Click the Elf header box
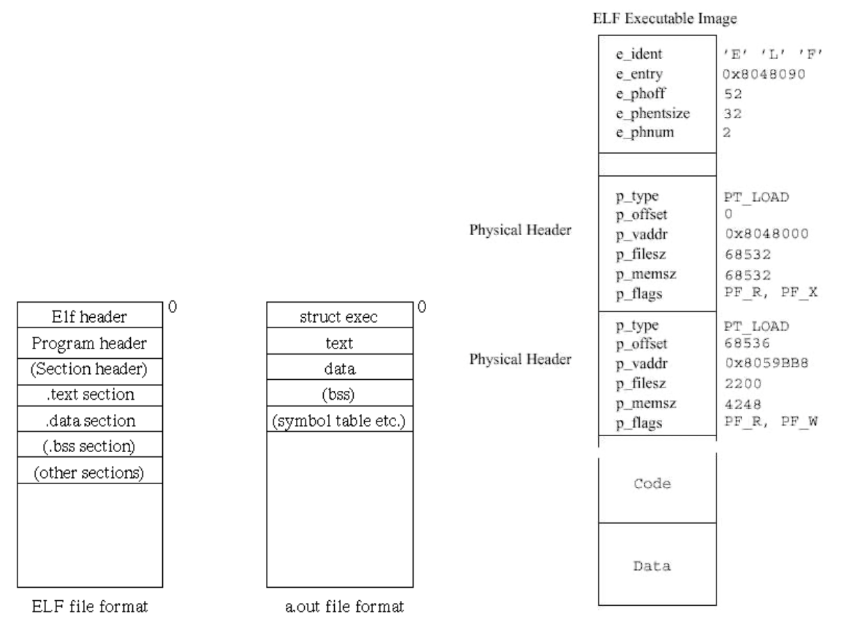point(90,317)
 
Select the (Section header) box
point(90,369)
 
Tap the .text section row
point(90,394)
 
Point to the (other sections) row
point(90,472)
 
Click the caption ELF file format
point(89,607)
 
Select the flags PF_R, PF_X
point(769,293)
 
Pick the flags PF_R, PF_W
point(769,421)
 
